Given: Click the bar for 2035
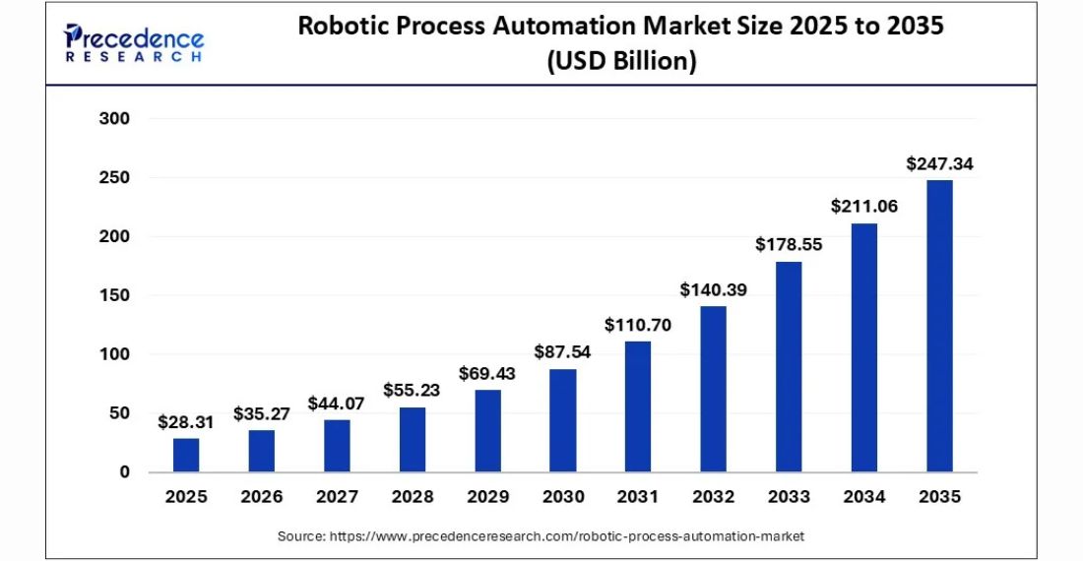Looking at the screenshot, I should point(939,326).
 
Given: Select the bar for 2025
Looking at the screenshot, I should point(186,455).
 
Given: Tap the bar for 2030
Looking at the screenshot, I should point(562,420).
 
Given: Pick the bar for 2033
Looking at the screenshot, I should point(789,366).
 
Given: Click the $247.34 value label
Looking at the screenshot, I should point(939,164).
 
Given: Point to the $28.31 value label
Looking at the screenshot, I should point(186,422).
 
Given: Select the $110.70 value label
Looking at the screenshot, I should point(638,325).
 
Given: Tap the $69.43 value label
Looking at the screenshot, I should point(487,374).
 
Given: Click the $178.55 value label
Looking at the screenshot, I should point(789,245).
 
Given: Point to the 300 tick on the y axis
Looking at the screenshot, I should point(114,119).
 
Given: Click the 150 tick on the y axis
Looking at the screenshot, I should point(114,295).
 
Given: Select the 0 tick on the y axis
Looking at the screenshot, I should point(124,471).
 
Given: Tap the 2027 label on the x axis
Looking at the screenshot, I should point(337,497).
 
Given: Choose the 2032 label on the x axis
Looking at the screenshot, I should point(713,497).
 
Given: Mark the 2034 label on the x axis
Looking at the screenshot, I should point(863,497).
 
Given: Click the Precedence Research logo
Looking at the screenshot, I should point(134,43).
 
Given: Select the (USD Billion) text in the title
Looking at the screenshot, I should point(621,61).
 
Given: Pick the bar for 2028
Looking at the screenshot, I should point(412,439).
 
